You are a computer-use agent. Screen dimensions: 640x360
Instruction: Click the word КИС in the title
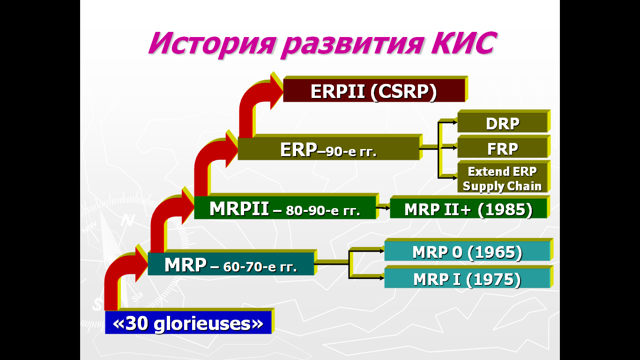point(465,43)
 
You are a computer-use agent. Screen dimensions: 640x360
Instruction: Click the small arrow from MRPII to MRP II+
point(383,208)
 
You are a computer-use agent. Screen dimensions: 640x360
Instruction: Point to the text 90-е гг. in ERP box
point(351,151)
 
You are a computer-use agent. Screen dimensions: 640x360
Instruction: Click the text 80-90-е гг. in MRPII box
point(323,211)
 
